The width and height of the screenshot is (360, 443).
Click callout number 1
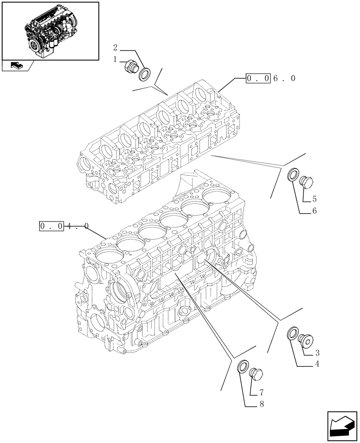tap(114, 59)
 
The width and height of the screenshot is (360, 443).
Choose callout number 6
tap(314, 211)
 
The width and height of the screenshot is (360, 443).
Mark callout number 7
tap(262, 392)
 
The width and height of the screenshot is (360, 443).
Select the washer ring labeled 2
tap(145, 74)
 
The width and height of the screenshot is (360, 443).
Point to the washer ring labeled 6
tap(293, 175)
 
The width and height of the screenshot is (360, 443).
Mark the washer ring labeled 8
tap(243, 367)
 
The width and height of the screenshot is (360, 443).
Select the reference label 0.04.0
tap(64, 226)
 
